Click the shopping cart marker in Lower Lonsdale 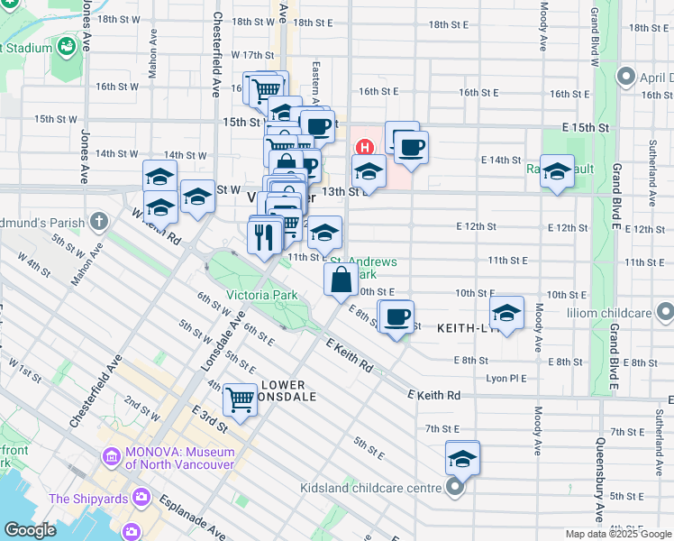pyautogui.click(x=240, y=398)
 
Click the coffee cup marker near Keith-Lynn pyautogui.click(x=396, y=317)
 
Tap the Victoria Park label pyautogui.click(x=261, y=295)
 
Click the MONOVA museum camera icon pyautogui.click(x=111, y=457)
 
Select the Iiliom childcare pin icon pyautogui.click(x=665, y=313)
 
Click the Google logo pyautogui.click(x=30, y=530)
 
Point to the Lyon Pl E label pyautogui.click(x=505, y=379)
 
